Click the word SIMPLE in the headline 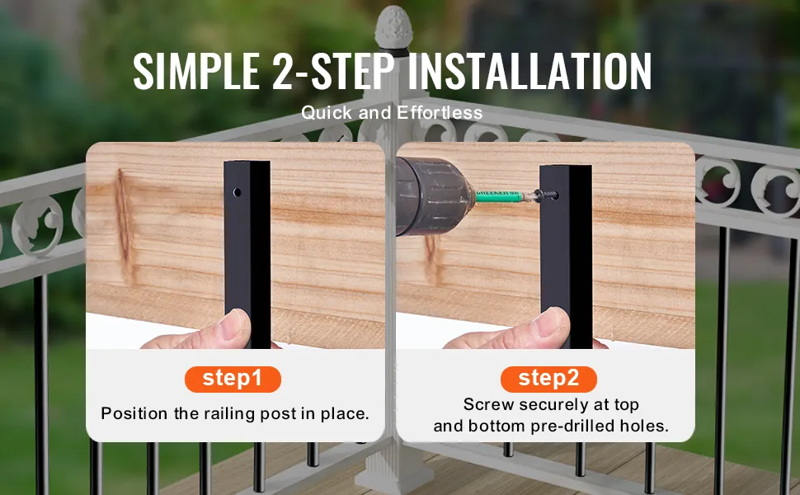click(196, 72)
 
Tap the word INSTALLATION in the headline click(530, 72)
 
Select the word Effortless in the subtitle click(440, 113)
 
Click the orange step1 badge click(233, 379)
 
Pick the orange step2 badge click(548, 379)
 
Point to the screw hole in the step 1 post click(238, 192)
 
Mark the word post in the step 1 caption click(279, 414)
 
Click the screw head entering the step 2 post click(542, 195)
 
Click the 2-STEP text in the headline click(333, 72)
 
